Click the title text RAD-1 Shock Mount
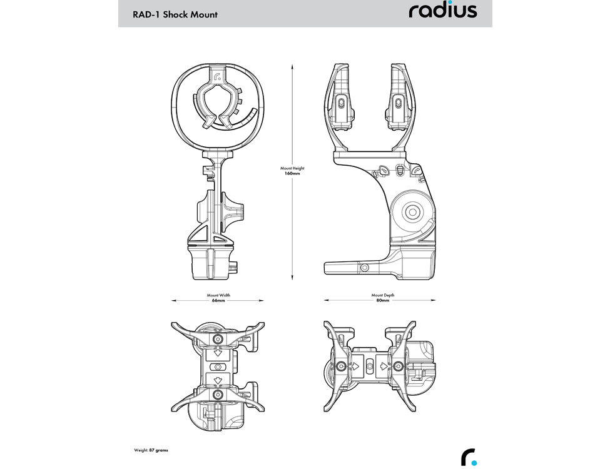point(175,14)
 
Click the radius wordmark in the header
point(442,11)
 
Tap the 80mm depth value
point(382,301)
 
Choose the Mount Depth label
point(382,295)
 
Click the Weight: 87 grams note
point(151,450)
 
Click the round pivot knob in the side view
point(412,213)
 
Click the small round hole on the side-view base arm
point(363,267)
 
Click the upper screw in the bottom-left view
point(217,338)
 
